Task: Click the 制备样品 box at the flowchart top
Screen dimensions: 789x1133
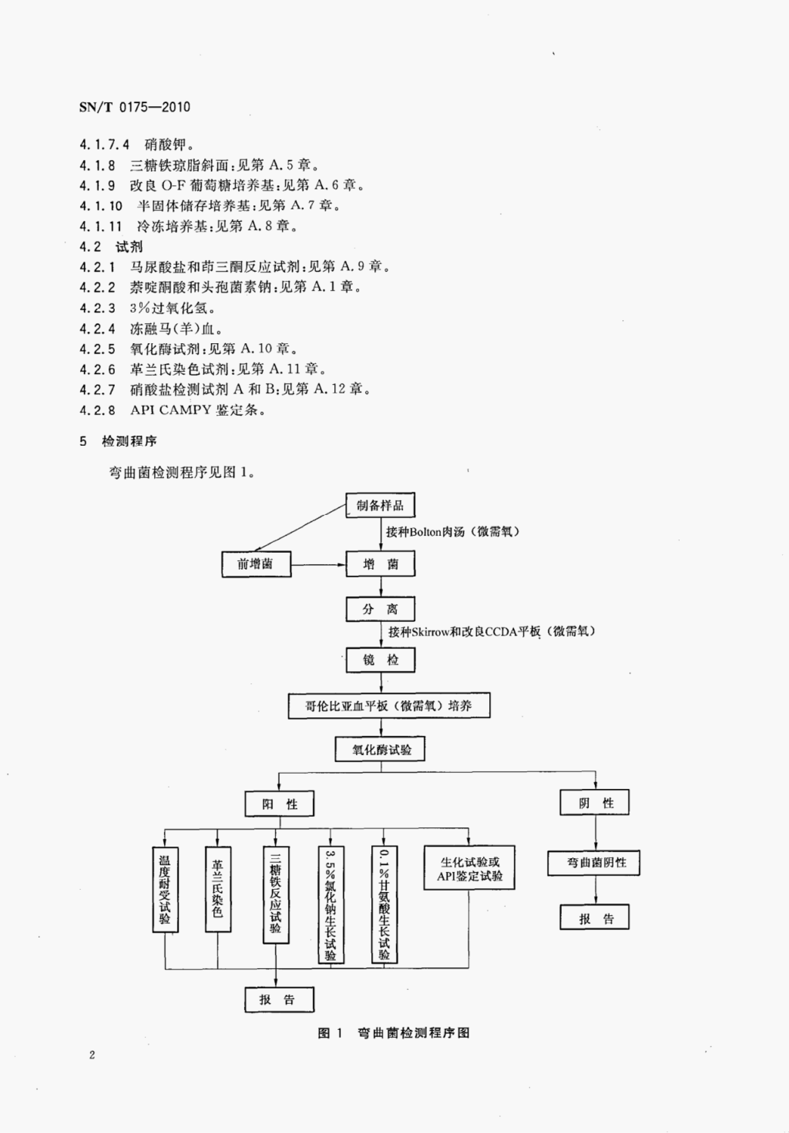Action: pos(380,505)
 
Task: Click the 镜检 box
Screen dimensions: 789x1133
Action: pos(380,660)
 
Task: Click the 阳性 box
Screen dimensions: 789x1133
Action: pos(279,804)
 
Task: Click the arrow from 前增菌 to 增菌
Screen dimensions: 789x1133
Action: pos(318,564)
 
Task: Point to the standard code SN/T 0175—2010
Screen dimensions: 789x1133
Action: pos(134,107)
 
